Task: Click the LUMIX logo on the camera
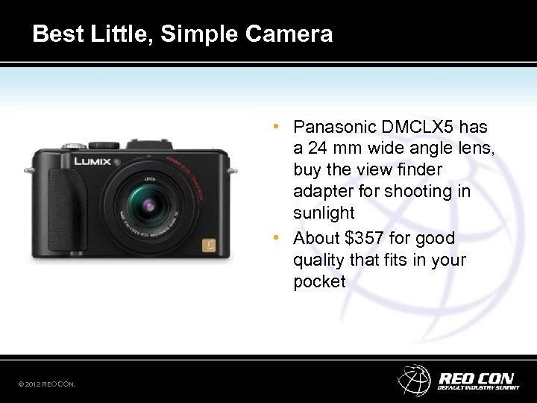click(92, 161)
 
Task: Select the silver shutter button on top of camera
click(73, 146)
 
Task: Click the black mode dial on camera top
click(104, 145)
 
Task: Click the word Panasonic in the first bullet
click(334, 127)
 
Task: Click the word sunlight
click(324, 213)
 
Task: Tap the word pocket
click(320, 281)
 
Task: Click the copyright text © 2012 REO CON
click(47, 384)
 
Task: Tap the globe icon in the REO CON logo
click(414, 379)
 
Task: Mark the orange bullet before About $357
click(277, 238)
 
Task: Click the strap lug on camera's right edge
click(233, 171)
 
